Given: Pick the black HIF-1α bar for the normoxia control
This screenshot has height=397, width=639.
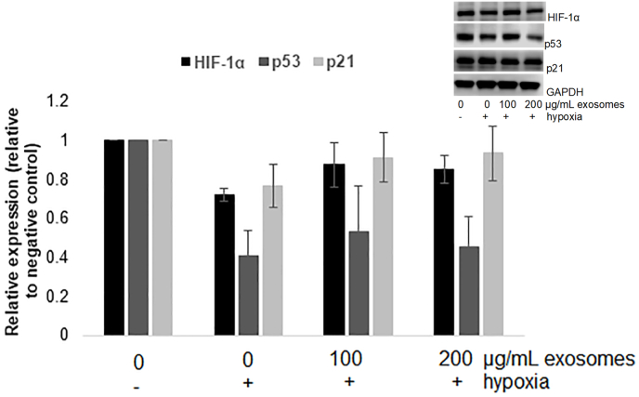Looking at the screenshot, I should pyautogui.click(x=114, y=237).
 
